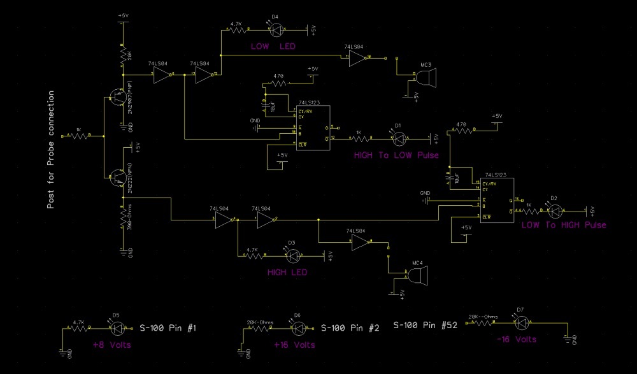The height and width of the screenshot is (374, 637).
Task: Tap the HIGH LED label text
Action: click(287, 272)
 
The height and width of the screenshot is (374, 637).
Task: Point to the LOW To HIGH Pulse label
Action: click(564, 225)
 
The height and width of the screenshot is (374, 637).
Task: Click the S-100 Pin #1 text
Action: click(168, 328)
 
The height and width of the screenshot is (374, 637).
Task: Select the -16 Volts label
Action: click(516, 340)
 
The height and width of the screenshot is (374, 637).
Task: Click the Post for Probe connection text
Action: click(51, 150)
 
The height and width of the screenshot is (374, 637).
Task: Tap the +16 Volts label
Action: click(294, 345)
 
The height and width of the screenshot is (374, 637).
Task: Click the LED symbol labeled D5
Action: click(116, 328)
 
